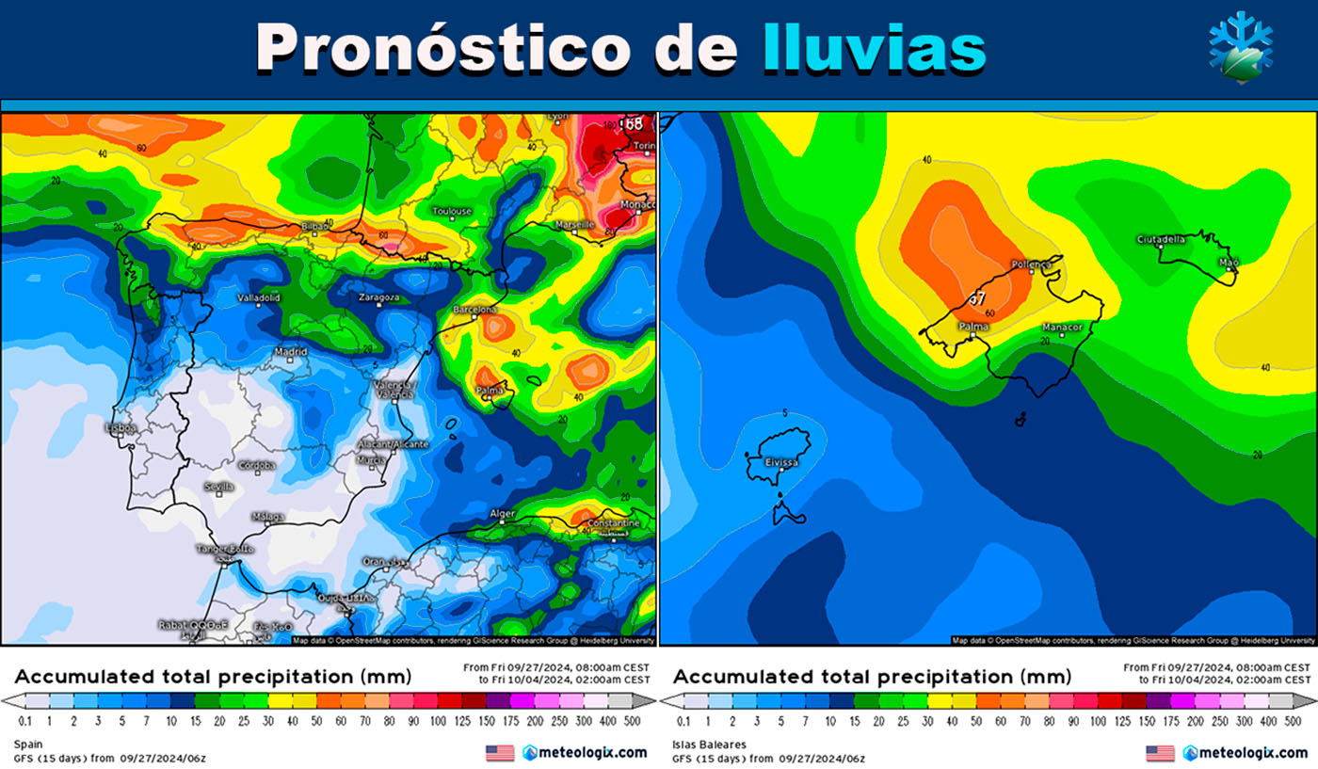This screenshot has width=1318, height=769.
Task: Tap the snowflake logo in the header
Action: [1241, 46]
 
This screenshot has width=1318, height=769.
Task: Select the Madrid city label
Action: [290, 352]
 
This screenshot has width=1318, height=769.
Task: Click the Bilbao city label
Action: [314, 227]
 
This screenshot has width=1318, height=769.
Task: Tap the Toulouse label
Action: [452, 212]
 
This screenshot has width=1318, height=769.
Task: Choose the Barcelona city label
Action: [474, 309]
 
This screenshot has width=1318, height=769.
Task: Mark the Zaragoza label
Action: [379, 297]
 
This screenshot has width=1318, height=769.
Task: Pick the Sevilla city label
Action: [219, 487]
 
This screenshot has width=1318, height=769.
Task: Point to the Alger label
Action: [503, 513]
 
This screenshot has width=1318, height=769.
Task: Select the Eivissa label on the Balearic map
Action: [781, 463]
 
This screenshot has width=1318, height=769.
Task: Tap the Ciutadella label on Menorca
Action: [1161, 239]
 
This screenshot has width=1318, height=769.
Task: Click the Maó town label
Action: [1229, 263]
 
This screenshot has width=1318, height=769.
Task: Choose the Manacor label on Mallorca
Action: [1063, 327]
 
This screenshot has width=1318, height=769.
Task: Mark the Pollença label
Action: [1031, 264]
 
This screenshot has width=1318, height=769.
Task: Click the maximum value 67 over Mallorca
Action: [977, 298]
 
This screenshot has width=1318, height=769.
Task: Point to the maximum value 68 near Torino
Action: [634, 123]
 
